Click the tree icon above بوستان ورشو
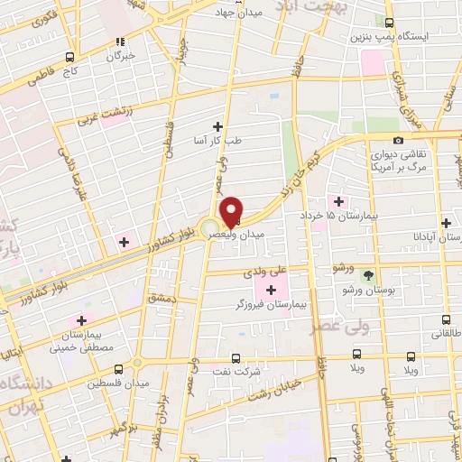[x=367, y=273]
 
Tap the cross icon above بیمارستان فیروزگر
[x=272, y=289]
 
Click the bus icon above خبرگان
[x=119, y=41]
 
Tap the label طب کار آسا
[x=215, y=142]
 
